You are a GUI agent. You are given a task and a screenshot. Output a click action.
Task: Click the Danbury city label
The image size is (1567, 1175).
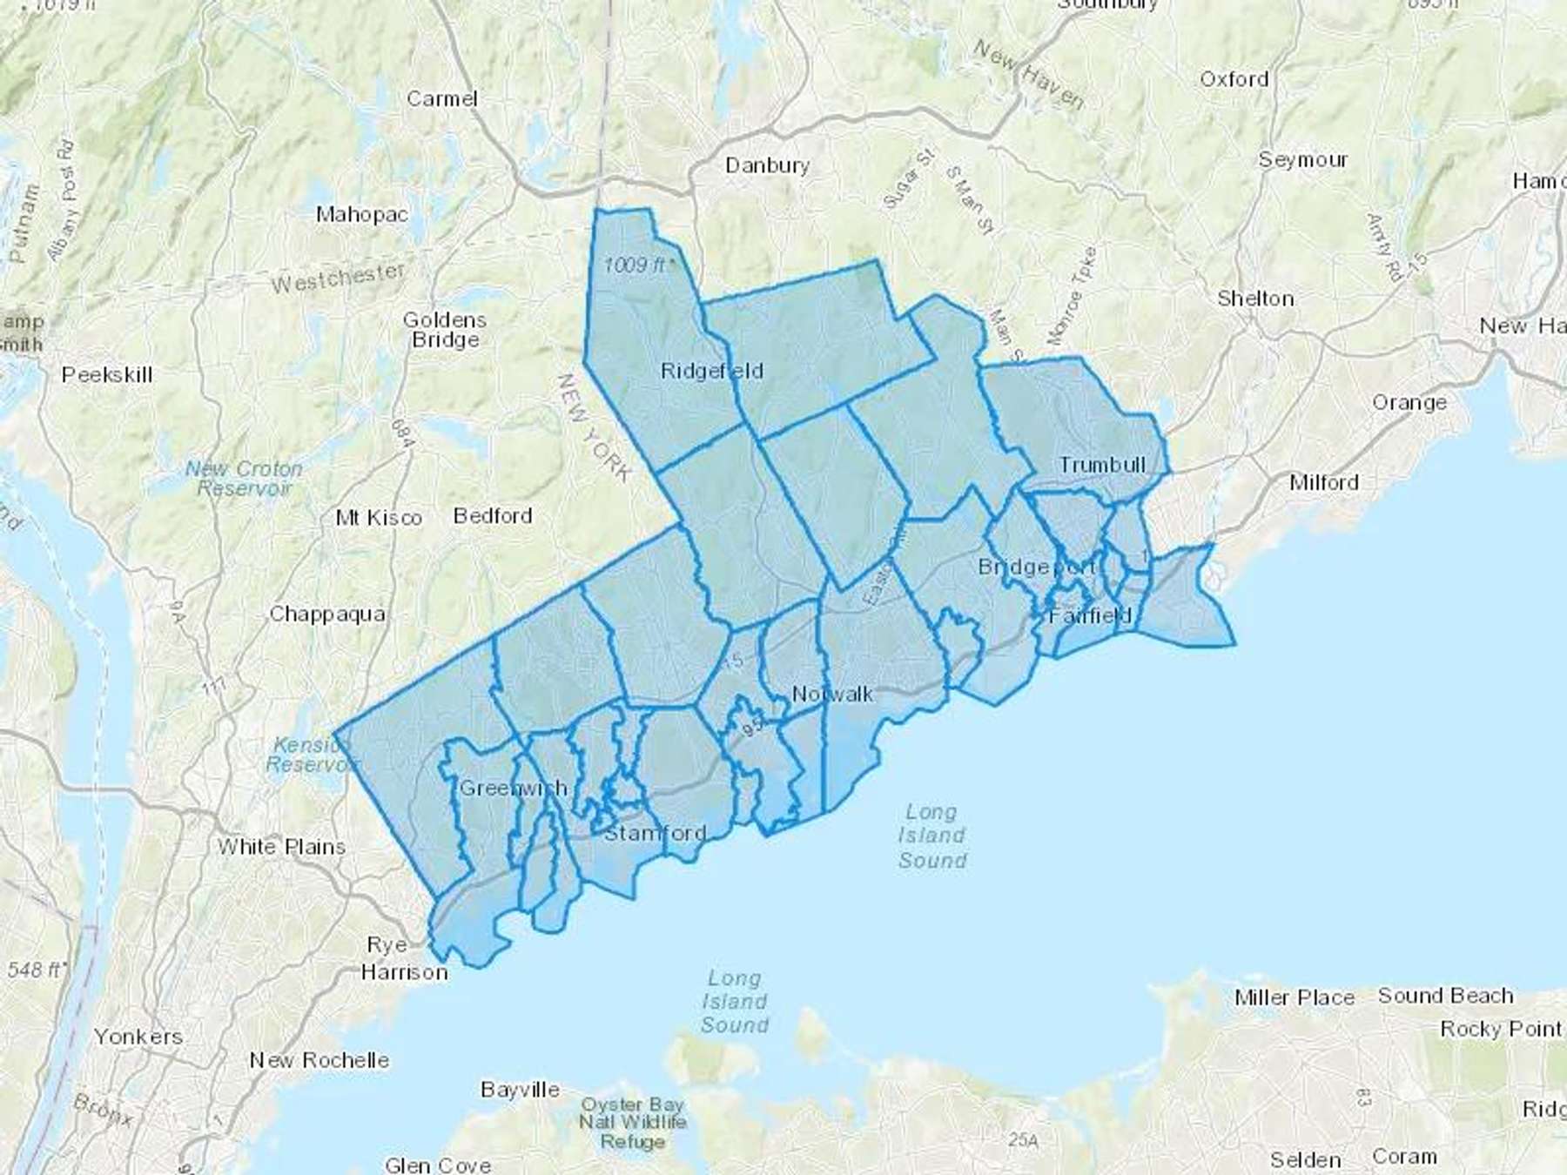pos(767,164)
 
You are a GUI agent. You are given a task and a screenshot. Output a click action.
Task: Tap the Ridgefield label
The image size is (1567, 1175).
pos(711,371)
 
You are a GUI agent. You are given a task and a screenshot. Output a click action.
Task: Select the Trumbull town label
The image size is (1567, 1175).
pos(1102,465)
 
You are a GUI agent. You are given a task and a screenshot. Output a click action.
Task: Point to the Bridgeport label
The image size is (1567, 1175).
pos(1036,567)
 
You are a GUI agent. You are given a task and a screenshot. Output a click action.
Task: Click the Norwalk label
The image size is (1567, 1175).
pos(832,694)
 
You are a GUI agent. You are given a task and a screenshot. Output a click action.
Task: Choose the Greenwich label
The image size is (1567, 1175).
pos(513,789)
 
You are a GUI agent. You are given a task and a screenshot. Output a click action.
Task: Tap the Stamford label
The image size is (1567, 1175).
pos(655,833)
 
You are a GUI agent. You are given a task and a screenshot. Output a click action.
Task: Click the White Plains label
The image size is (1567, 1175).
pos(281,846)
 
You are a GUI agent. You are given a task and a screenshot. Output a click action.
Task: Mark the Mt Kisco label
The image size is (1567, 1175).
pos(379,518)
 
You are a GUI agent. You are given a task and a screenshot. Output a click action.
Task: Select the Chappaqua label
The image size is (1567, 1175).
pos(327,614)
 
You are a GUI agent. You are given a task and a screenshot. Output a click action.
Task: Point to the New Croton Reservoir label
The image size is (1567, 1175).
pos(244,479)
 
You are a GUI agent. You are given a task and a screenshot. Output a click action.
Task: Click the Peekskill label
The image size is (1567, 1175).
pos(107,375)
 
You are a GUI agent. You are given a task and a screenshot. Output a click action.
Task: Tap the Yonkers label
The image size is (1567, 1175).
pos(138,1037)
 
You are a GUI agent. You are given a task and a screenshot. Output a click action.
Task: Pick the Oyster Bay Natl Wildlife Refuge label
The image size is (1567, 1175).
pos(633,1123)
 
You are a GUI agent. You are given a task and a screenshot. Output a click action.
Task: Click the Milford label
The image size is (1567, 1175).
pos(1323,482)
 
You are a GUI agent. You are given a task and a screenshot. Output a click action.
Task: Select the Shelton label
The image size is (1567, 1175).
pos(1255,299)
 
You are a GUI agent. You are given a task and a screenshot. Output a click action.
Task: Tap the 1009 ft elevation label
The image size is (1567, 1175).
pos(638,265)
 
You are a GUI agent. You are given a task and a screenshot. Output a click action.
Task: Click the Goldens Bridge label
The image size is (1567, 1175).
pos(444,330)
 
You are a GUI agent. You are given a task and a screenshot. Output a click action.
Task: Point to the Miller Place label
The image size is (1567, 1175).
pos(1295,997)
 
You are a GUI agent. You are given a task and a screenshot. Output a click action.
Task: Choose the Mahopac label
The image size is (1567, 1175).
pos(361,214)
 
